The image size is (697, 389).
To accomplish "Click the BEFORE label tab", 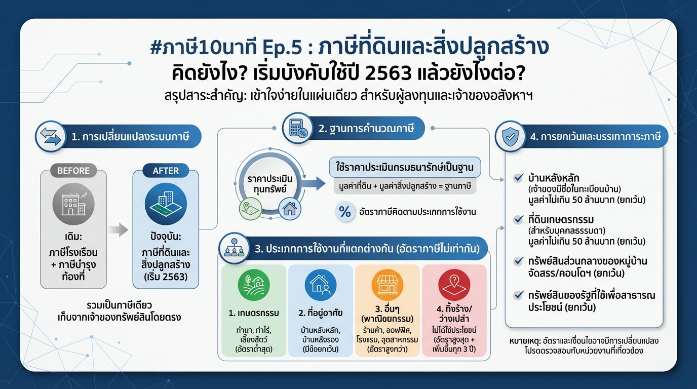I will [x=73, y=171].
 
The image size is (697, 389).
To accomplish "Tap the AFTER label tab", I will [x=166, y=171].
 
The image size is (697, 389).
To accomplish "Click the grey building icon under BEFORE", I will [x=73, y=205].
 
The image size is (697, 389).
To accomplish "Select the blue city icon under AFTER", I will [x=166, y=205].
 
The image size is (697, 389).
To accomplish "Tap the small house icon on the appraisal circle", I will [x=290, y=208].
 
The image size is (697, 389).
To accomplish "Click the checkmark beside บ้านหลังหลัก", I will [x=518, y=178].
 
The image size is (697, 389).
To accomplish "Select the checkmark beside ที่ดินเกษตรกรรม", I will [x=518, y=220].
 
